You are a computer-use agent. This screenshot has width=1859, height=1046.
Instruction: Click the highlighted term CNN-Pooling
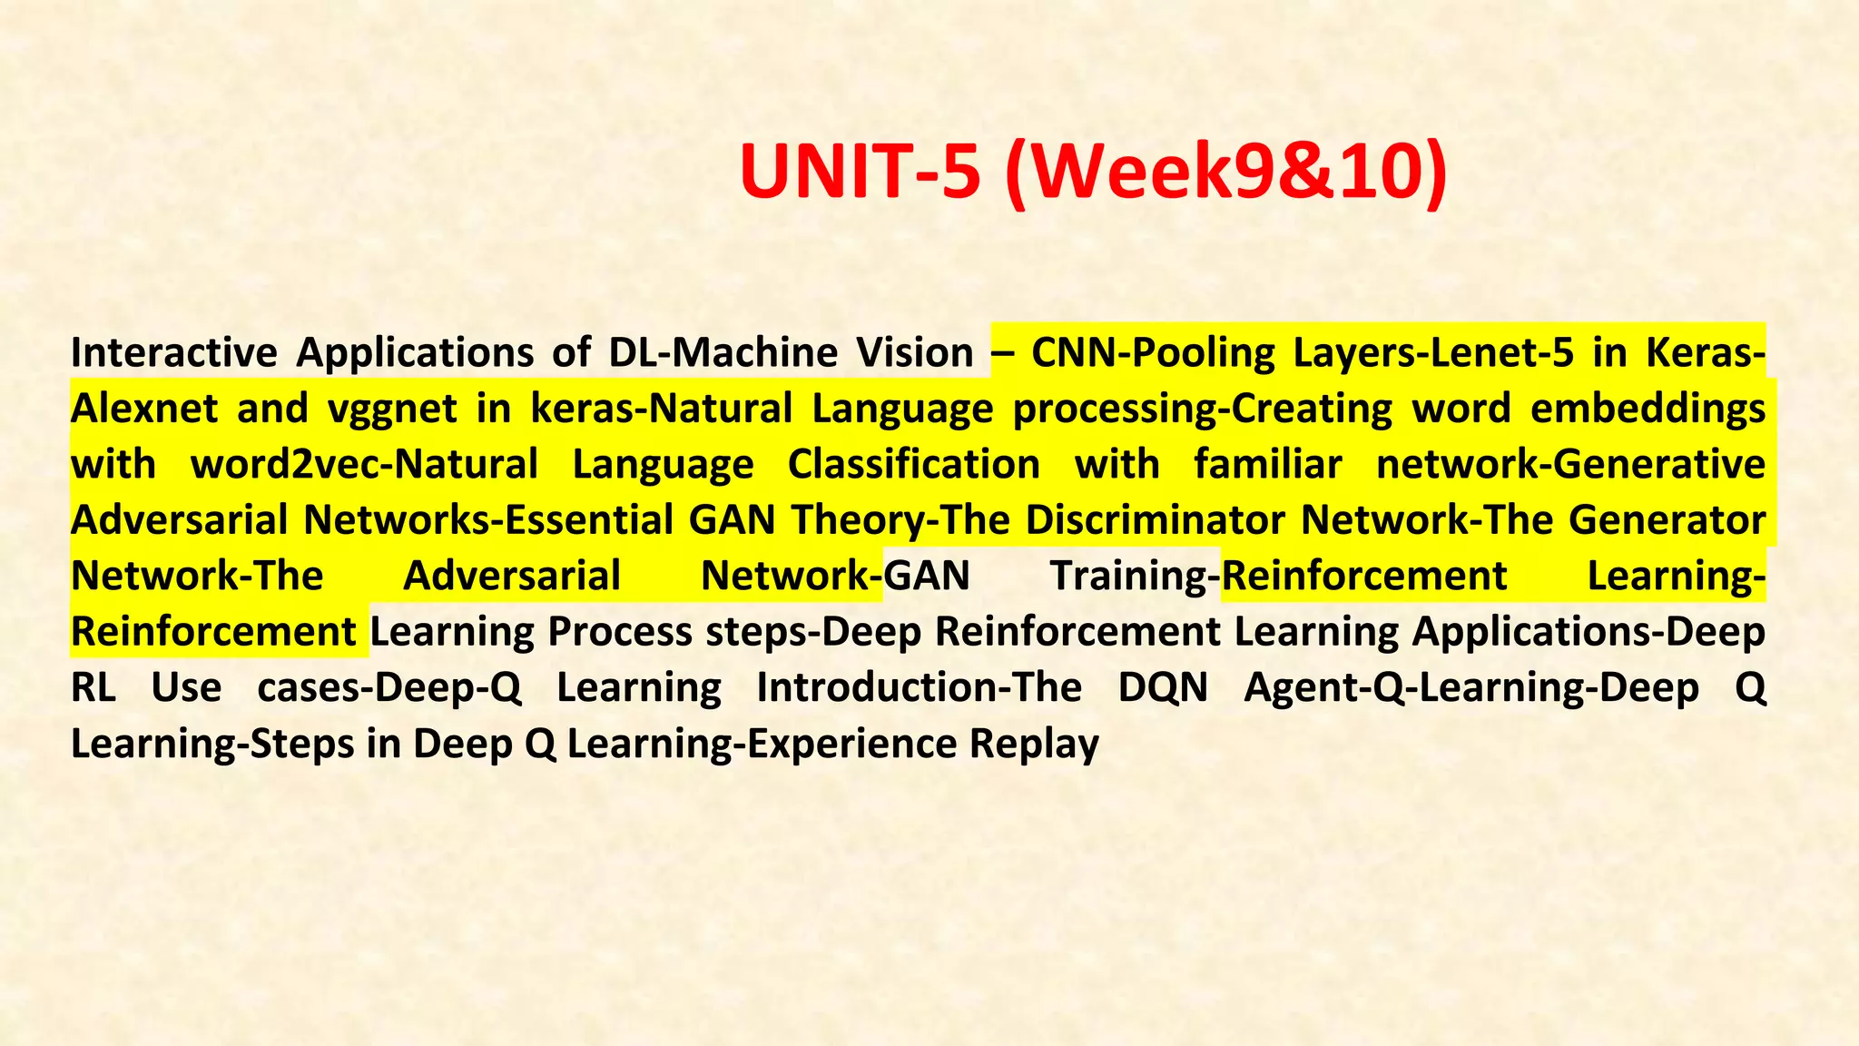point(1153,353)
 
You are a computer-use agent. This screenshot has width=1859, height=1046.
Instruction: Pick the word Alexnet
point(144,409)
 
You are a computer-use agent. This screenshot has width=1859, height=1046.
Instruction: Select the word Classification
point(913,465)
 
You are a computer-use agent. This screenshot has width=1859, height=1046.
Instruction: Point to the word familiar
point(1267,465)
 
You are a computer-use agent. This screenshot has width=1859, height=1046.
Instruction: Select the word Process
point(620,632)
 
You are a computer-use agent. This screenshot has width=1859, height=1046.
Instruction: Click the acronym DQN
point(1163,688)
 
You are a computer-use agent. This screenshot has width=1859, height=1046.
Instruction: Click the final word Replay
point(1034,745)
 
